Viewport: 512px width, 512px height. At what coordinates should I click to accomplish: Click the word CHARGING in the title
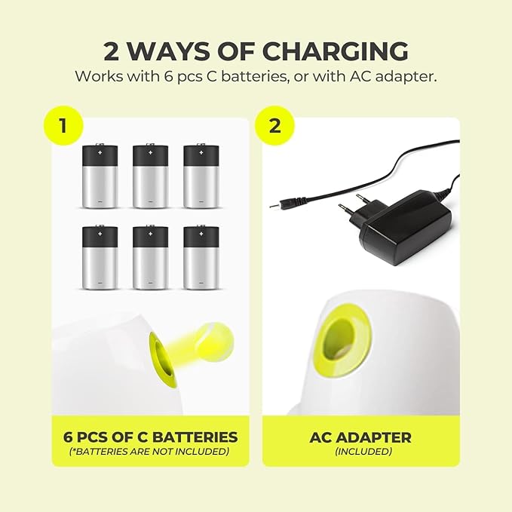click(x=336, y=51)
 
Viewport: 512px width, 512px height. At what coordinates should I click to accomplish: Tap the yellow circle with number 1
click(x=63, y=126)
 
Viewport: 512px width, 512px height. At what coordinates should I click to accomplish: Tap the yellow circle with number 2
click(x=274, y=126)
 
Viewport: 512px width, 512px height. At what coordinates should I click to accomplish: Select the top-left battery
click(x=100, y=176)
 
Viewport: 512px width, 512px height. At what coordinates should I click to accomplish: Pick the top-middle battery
click(x=151, y=176)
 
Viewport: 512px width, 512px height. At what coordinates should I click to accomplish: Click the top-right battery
click(x=201, y=176)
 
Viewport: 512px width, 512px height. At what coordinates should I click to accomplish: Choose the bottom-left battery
click(x=100, y=257)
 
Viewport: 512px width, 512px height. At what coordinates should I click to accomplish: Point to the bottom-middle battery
click(x=151, y=257)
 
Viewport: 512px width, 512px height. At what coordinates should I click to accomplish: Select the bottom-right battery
click(x=201, y=257)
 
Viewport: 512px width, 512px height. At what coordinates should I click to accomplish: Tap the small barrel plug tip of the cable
click(x=273, y=206)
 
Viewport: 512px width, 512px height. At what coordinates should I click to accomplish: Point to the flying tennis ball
click(x=216, y=338)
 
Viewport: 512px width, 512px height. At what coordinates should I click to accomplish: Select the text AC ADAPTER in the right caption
click(x=360, y=437)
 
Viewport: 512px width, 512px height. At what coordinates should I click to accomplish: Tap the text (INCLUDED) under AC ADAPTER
click(x=363, y=451)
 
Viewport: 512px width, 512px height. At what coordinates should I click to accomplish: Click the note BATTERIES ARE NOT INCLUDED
click(x=149, y=451)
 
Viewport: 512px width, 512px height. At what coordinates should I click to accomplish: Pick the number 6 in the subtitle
click(x=169, y=77)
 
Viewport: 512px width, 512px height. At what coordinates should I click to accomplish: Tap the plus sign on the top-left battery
click(x=100, y=152)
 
